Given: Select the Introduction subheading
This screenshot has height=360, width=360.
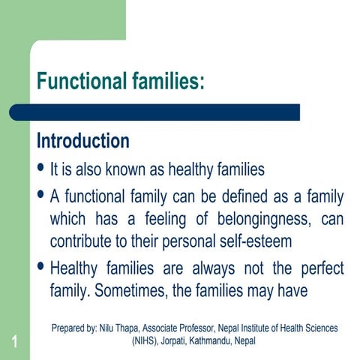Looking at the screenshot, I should coord(83,140).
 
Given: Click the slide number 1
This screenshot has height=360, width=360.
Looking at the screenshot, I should coord(14,343).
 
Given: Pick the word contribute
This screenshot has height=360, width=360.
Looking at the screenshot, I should coord(82,241).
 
